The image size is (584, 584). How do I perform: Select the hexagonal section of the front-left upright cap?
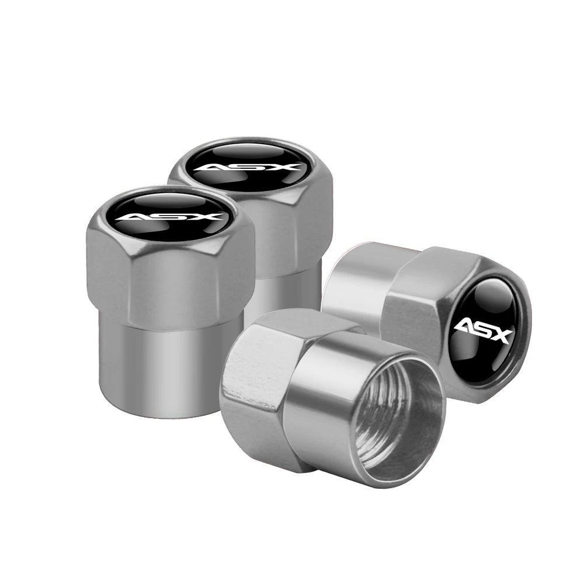click(169, 274)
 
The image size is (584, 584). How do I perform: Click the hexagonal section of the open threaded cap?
click(257, 385)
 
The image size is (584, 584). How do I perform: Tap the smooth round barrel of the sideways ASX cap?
click(356, 280)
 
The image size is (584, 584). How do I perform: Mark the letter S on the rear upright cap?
click(251, 168)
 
